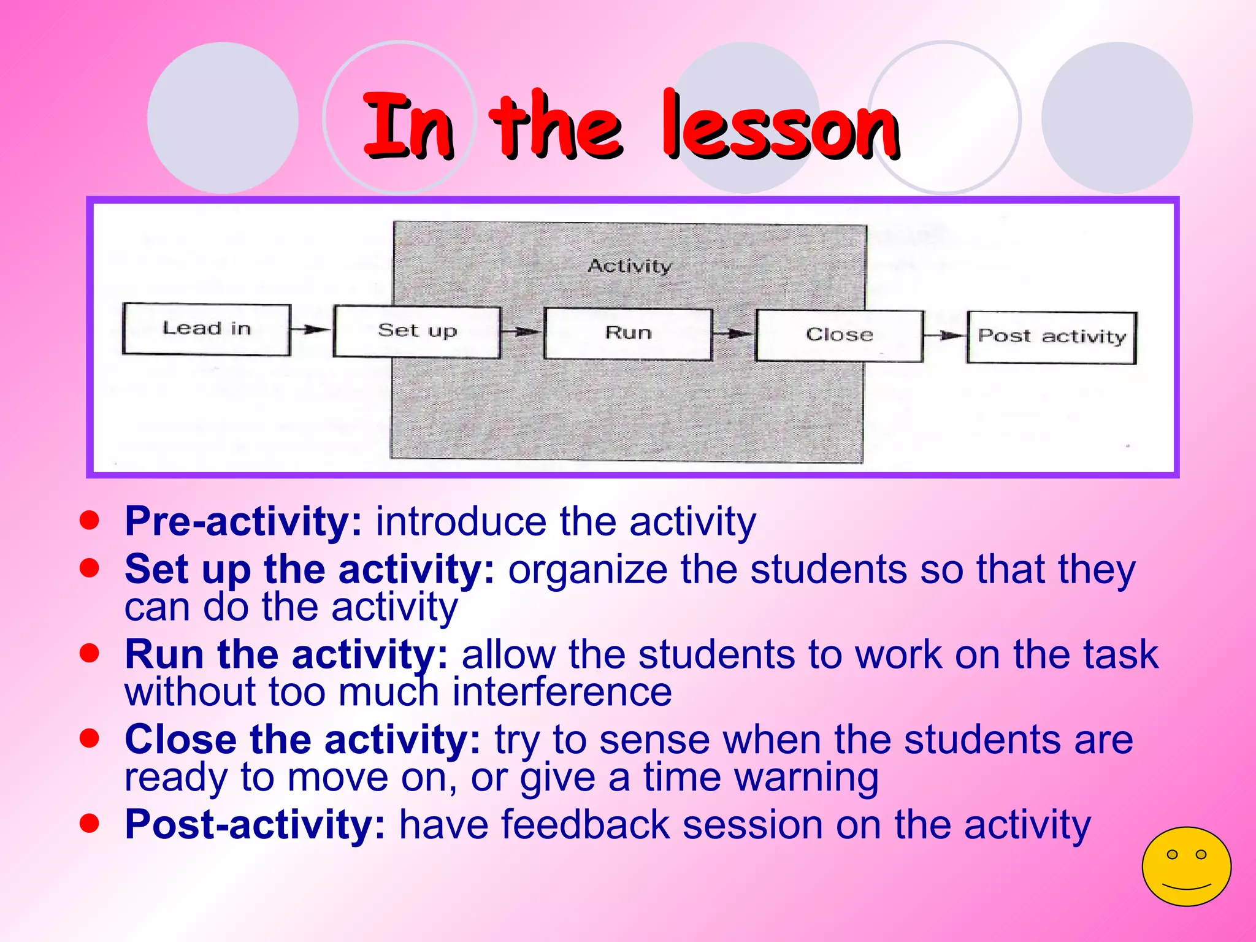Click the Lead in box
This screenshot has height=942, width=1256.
(x=206, y=329)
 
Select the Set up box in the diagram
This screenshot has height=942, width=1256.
(x=417, y=331)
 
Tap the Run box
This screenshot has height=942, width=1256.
(x=628, y=333)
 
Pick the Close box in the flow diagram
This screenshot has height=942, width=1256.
(x=839, y=335)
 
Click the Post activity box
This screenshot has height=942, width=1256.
(x=1051, y=337)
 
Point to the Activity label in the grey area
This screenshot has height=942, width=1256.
(x=630, y=266)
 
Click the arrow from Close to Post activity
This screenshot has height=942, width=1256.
(x=945, y=335)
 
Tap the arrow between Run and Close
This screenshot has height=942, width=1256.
(x=733, y=334)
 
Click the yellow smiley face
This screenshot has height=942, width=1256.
(x=1186, y=866)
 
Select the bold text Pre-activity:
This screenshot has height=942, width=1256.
(x=243, y=521)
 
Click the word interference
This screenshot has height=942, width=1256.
(x=562, y=692)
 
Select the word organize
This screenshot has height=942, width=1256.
(x=588, y=570)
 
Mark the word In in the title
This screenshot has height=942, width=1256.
(x=408, y=126)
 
